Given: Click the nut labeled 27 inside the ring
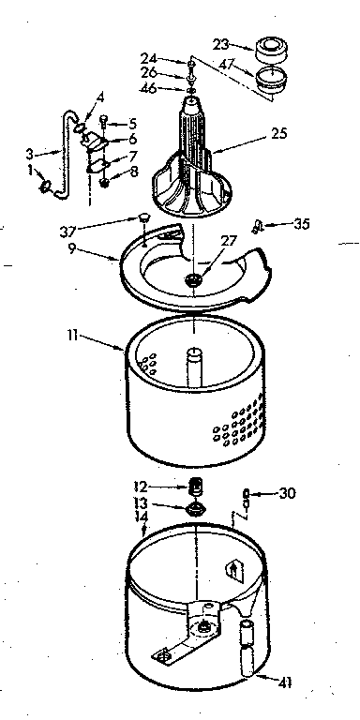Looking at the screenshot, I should click(195, 279).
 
